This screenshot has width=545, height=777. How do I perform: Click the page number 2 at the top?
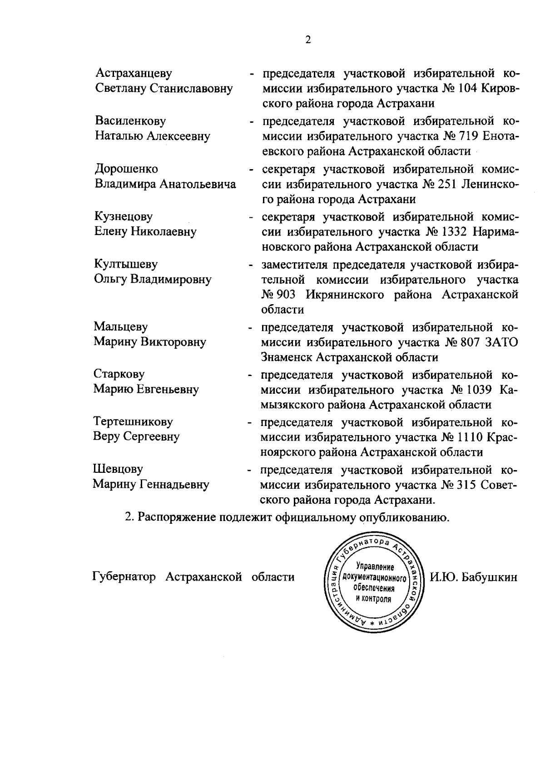[308, 40]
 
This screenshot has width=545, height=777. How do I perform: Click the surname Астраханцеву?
[134, 73]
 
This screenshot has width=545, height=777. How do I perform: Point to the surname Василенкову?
[130, 121]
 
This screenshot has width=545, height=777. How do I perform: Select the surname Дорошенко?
[126, 169]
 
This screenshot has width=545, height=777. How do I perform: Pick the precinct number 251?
[446, 184]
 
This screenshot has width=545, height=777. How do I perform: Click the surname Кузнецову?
[124, 216]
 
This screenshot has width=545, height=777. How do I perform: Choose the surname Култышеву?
[126, 264]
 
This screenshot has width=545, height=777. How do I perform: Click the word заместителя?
[294, 265]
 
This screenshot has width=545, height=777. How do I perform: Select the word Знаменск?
[287, 357]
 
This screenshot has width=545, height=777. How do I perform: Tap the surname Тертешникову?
[133, 421]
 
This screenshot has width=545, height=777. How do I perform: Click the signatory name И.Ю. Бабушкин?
[474, 577]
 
